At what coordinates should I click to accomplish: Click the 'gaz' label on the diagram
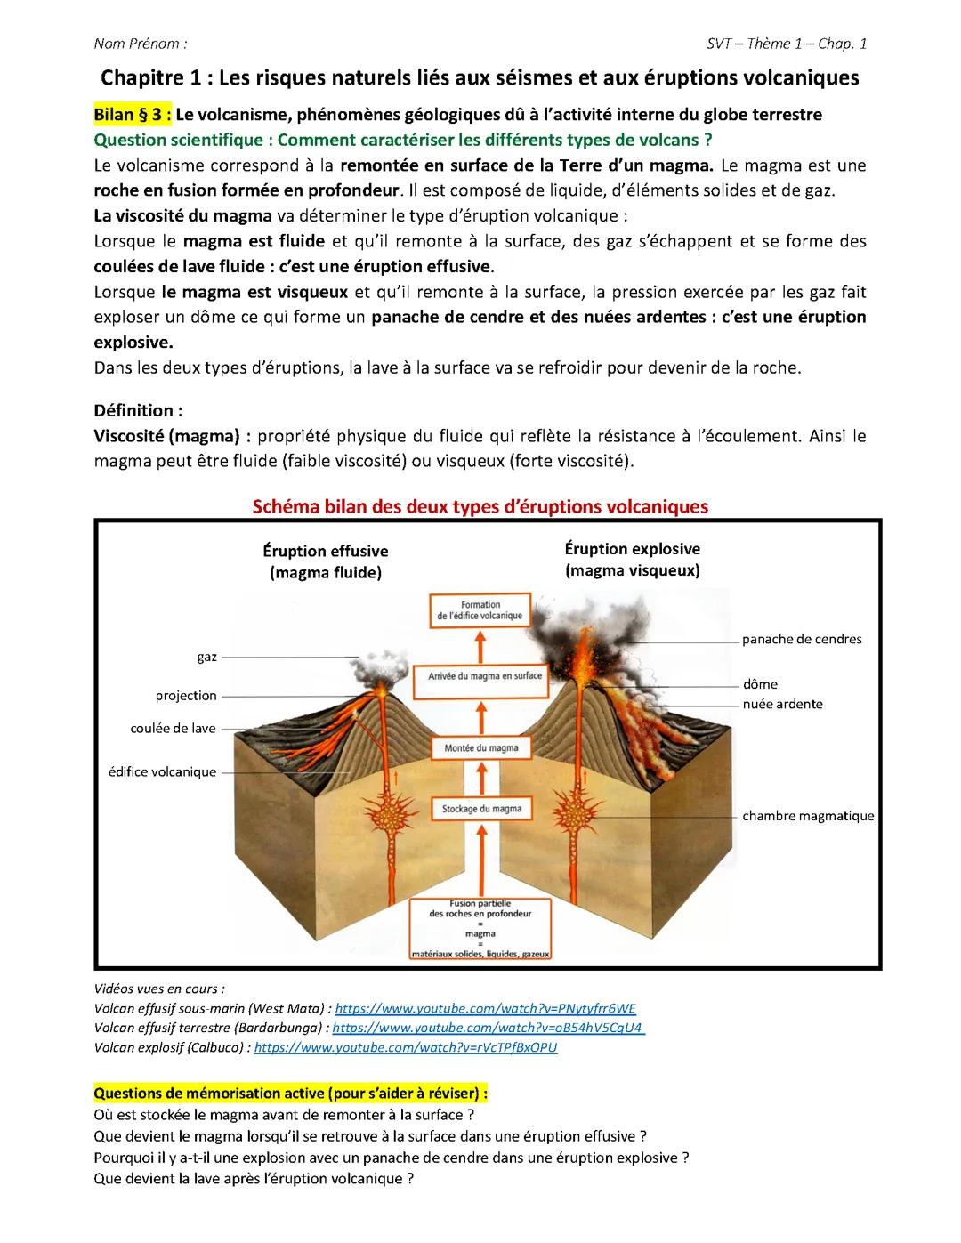[206, 657]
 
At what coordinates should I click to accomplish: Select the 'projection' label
[186, 696]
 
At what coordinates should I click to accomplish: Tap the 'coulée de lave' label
[173, 728]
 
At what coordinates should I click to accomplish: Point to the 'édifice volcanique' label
[162, 771]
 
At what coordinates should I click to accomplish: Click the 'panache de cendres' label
[802, 639]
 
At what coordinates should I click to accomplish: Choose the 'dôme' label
[760, 684]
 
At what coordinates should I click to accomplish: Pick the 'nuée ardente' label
[782, 704]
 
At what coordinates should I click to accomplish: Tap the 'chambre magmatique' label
[808, 816]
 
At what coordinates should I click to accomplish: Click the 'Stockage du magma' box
[481, 809]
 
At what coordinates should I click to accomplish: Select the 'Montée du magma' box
[480, 748]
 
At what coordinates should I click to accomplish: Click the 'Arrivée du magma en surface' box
[485, 676]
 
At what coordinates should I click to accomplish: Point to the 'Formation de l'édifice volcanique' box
[480, 610]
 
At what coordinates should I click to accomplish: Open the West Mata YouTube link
[485, 1008]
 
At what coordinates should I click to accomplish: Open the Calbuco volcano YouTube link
[406, 1047]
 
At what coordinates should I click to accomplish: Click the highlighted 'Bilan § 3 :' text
[133, 115]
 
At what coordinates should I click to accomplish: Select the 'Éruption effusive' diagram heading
[326, 552]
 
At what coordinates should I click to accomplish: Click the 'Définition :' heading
[138, 410]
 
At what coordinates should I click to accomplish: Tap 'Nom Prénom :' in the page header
[141, 44]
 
